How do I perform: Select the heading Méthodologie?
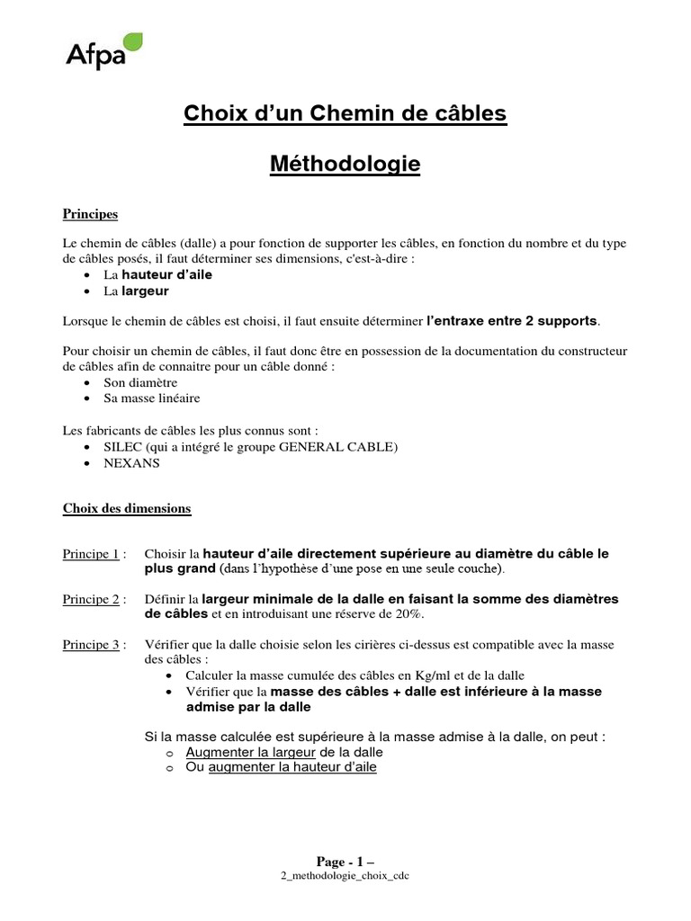click(345, 165)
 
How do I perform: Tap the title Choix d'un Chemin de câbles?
click(345, 114)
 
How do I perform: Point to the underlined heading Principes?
click(90, 214)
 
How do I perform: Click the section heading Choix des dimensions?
click(127, 508)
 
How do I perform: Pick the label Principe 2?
click(91, 598)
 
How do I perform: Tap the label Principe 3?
click(91, 644)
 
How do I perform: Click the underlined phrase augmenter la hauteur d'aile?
click(292, 767)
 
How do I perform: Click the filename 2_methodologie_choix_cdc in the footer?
click(345, 876)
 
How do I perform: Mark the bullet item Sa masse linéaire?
click(152, 398)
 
